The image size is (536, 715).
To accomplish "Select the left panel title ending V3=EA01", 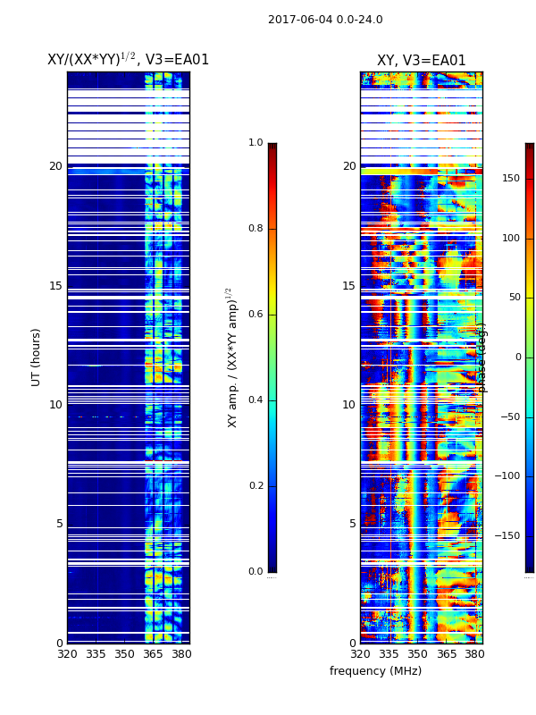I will [128, 60].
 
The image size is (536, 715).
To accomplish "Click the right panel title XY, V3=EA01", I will [421, 61].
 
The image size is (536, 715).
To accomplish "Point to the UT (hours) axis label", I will [37, 357].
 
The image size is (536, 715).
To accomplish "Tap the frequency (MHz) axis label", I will [375, 671].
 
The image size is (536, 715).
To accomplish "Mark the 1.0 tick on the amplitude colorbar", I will [255, 143].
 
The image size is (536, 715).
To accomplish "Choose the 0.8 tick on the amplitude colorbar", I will [255, 229].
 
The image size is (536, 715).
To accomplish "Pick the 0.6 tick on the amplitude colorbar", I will [255, 315].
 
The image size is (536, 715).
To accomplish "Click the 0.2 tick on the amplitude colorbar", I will [255, 486].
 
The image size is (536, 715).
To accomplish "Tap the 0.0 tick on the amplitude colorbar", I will [255, 572].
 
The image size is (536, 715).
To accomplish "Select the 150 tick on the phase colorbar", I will [510, 179].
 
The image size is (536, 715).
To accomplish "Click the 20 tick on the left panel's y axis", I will [55, 166].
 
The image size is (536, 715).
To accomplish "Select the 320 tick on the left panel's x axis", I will [68, 654].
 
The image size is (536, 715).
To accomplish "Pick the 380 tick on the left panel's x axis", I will [181, 654].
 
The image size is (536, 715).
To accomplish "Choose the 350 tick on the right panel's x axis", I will [418, 654].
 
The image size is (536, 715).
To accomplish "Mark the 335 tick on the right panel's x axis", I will [389, 654].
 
